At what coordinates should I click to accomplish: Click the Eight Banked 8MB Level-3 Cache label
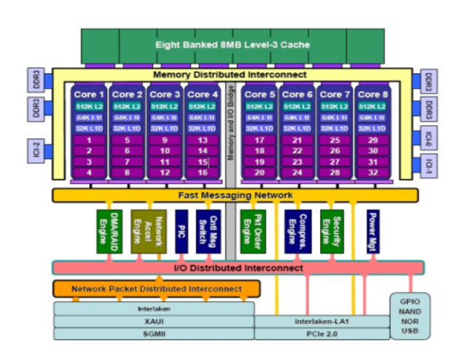click(x=232, y=46)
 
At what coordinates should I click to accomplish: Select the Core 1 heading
click(x=90, y=94)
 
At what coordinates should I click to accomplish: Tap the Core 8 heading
click(x=372, y=94)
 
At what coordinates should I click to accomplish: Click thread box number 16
click(x=203, y=173)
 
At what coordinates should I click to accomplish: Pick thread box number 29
click(x=372, y=140)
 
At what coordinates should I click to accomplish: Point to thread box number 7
click(x=127, y=162)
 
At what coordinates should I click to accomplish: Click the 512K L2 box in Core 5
click(x=260, y=107)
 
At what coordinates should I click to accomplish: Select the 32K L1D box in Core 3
click(x=165, y=128)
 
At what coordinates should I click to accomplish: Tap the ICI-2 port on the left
click(x=35, y=150)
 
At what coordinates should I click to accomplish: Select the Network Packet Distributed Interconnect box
click(x=157, y=289)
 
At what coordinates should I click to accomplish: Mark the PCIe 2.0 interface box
click(x=321, y=334)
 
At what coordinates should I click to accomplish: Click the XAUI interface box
click(x=153, y=321)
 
